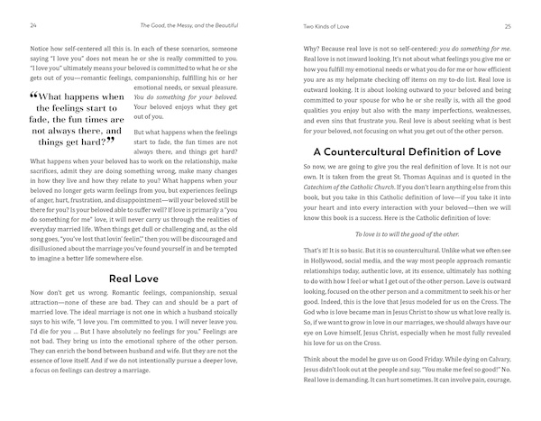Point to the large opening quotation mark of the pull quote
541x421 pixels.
(x=34, y=96)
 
